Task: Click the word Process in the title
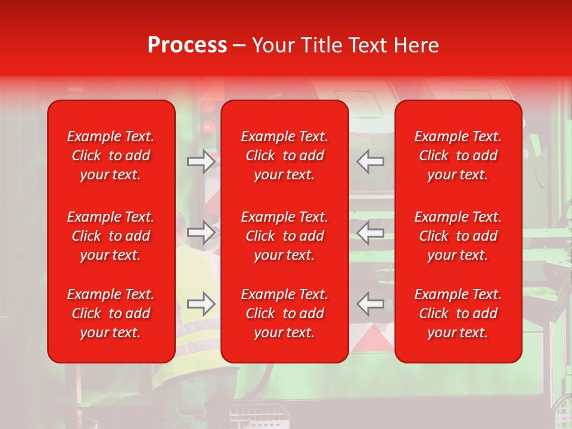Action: coord(187,45)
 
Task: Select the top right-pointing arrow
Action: coord(201,161)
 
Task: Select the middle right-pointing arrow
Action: coord(201,232)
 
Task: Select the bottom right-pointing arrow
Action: coord(201,304)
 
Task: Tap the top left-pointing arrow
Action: coord(371,161)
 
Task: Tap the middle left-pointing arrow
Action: coord(371,232)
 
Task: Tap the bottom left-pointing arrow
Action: coord(371,304)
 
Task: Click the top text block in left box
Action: coord(111,156)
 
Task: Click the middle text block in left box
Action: coord(111,236)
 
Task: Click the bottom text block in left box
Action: coord(111,313)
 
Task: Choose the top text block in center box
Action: coord(284,156)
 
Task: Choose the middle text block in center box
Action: coord(284,236)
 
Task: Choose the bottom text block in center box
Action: coord(284,313)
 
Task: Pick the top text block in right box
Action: coord(458,156)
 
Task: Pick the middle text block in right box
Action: coord(458,236)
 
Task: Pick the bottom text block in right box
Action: coord(458,313)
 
